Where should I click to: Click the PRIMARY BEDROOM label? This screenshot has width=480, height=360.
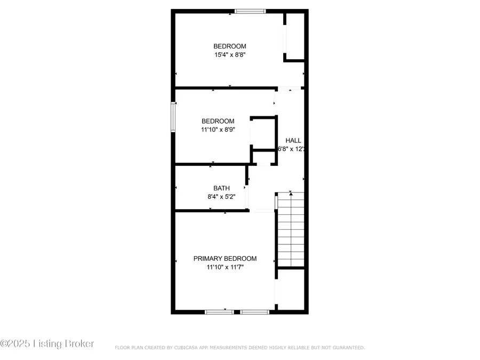click(225, 259)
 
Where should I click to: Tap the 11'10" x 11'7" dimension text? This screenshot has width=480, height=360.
click(225, 268)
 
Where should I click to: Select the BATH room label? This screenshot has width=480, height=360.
click(221, 188)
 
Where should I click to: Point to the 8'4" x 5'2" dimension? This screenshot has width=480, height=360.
click(221, 197)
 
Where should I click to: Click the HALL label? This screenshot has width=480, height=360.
click(293, 140)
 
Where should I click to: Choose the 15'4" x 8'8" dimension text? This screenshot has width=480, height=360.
click(230, 54)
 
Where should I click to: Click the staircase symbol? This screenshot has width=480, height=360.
click(291, 229)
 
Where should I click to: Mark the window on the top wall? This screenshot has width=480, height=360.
click(251, 11)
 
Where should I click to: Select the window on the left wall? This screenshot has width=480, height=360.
click(173, 116)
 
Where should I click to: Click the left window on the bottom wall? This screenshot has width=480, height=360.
click(220, 312)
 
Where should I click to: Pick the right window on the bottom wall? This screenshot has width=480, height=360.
click(254, 312)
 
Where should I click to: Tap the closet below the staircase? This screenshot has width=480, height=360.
click(291, 289)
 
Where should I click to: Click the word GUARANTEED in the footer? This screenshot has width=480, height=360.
click(346, 348)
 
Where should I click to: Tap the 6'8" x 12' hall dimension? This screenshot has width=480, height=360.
click(291, 149)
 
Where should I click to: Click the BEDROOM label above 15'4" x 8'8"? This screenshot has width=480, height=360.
click(230, 46)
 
